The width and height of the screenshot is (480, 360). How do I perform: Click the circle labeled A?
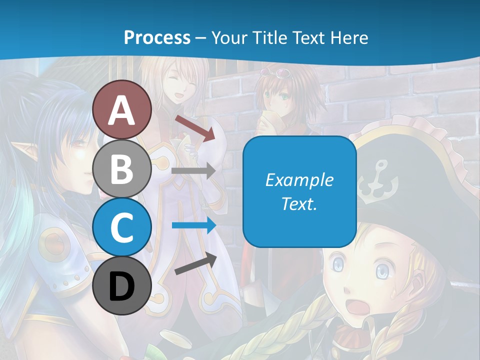tap(122, 109)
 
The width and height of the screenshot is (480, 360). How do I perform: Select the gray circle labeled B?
tap(122, 168)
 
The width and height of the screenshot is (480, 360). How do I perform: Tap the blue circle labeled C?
tap(122, 227)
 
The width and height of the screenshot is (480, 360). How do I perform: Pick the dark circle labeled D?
tap(122, 285)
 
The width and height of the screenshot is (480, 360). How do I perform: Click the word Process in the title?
tap(157, 37)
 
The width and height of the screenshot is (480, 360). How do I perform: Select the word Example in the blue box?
tap(299, 180)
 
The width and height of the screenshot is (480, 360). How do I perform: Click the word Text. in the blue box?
tap(299, 203)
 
